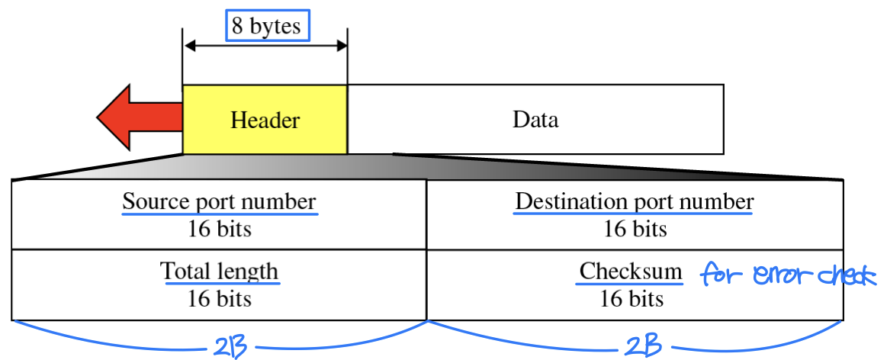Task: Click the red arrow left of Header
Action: [x=137, y=117]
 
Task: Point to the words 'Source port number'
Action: [x=219, y=202]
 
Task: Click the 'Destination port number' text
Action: [x=634, y=202]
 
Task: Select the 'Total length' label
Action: [x=219, y=272]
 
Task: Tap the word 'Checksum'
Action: [x=630, y=272]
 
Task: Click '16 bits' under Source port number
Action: [x=219, y=229]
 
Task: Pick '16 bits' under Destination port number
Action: [x=635, y=229]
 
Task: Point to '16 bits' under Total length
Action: [x=219, y=298]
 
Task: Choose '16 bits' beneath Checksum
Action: [x=632, y=298]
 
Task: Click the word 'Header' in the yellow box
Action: [x=265, y=121]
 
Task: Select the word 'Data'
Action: [x=535, y=120]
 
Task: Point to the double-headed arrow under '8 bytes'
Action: [x=265, y=47]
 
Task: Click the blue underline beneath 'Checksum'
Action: [x=630, y=284]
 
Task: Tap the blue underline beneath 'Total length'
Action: [x=219, y=284]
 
